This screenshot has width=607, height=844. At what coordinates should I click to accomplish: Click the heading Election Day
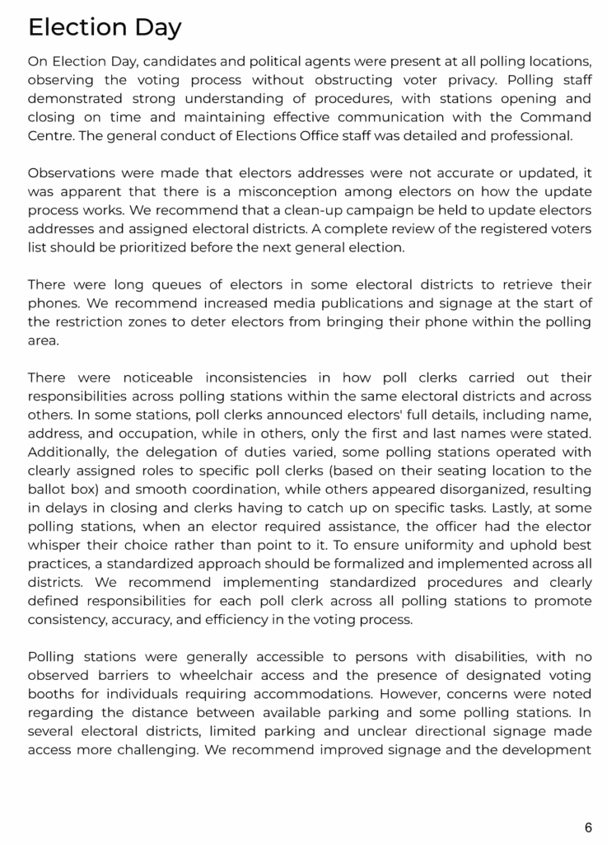[105, 27]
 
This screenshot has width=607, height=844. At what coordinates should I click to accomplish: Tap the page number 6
[588, 827]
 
